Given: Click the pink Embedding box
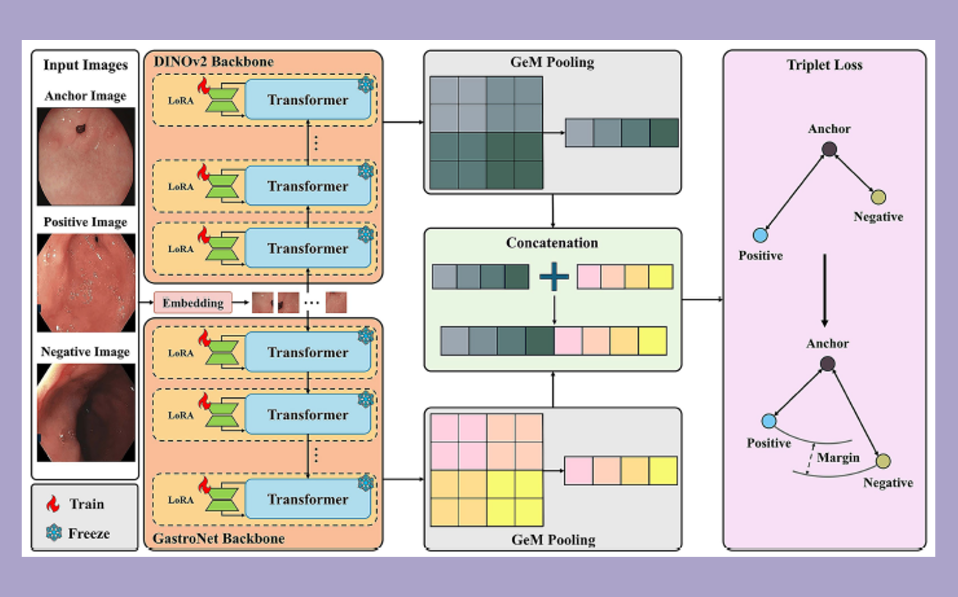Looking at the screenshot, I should pyautogui.click(x=193, y=302).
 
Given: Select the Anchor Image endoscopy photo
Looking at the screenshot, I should pyautogui.click(x=86, y=156).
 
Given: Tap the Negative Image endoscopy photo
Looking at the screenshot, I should pyautogui.click(x=86, y=412).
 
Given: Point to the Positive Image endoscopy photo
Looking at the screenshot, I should pyautogui.click(x=86, y=282).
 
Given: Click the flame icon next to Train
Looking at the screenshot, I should pyautogui.click(x=53, y=504).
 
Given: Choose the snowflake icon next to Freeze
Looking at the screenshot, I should pyautogui.click(x=54, y=533).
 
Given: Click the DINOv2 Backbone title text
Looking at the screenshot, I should pyautogui.click(x=213, y=62).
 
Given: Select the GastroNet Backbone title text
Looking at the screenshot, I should pyautogui.click(x=219, y=538).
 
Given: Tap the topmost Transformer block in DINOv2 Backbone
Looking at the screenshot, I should pyautogui.click(x=308, y=100).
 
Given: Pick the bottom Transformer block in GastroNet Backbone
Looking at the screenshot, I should pyautogui.click(x=308, y=499).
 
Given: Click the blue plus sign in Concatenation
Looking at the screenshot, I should pyautogui.click(x=554, y=276).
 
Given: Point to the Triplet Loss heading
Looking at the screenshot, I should pyautogui.click(x=824, y=65).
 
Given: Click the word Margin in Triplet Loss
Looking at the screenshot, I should pyautogui.click(x=838, y=458).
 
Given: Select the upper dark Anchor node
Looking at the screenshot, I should pyautogui.click(x=829, y=149).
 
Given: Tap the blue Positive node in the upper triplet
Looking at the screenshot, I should pyautogui.click(x=760, y=235).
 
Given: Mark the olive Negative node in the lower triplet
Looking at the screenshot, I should pyautogui.click(x=883, y=461).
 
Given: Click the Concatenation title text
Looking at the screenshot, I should pyautogui.click(x=552, y=243).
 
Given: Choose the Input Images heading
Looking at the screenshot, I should pyautogui.click(x=86, y=65).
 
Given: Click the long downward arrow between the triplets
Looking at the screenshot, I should pyautogui.click(x=825, y=290).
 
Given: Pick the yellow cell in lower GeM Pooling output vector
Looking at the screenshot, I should pyautogui.click(x=663, y=471).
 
